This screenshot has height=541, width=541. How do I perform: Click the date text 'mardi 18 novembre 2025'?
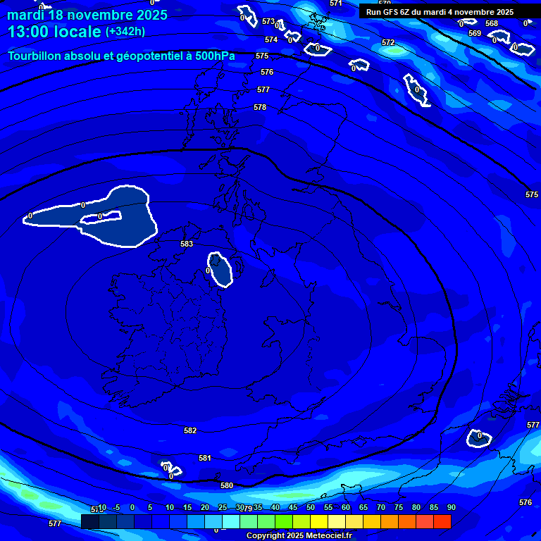point(87,15)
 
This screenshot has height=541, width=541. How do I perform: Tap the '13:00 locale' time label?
point(56,32)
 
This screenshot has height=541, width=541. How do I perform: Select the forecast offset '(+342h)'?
point(125,32)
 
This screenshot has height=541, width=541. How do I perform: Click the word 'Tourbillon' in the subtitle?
point(35,56)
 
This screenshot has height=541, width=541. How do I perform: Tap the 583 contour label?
point(187,244)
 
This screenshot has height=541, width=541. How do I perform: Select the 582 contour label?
point(190,430)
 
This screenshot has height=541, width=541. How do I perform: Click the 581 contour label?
point(205,458)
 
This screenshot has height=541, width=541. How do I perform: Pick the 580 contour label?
point(227,485)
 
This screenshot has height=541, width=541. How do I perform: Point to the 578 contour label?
point(260,107)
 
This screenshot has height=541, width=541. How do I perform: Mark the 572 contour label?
point(388,42)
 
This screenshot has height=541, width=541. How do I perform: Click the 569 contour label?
point(475,33)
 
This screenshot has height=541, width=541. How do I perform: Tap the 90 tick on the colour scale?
point(452,507)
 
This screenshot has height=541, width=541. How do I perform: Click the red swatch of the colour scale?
point(442,521)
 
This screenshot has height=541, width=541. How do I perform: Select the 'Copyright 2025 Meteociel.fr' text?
point(299,535)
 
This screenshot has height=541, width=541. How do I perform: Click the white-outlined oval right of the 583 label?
point(221,270)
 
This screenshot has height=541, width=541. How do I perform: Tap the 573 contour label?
point(268,22)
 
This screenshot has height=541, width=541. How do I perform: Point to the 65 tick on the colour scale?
point(363,507)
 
